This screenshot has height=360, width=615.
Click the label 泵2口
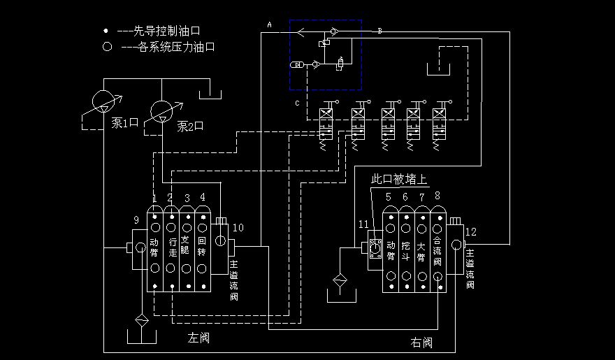coord(189,127)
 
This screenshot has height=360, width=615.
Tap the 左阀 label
coord(198,338)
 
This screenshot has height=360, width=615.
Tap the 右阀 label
coord(421,343)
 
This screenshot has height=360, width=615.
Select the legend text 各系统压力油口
coord(168,48)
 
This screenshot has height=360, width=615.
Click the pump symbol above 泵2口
coord(162,110)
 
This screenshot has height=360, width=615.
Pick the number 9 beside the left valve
coord(136,220)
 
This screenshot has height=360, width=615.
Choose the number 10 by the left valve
coord(238,227)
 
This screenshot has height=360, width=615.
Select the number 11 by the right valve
coord(363,224)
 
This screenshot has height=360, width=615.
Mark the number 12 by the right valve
coord(471,232)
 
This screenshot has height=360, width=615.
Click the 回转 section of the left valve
coord(203,248)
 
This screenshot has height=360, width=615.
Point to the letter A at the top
coord(269,24)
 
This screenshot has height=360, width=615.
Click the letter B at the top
coord(379,31)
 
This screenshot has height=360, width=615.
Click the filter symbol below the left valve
coord(142,321)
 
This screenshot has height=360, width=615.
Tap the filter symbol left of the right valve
coord(340,282)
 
